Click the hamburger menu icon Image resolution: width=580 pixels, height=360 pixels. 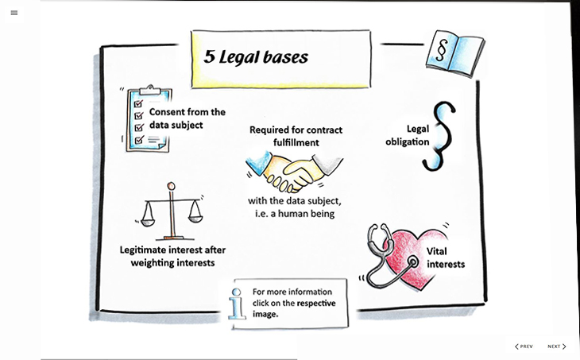(14, 13)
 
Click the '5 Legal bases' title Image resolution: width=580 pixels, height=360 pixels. (255, 57)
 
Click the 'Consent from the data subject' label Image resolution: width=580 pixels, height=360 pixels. (187, 118)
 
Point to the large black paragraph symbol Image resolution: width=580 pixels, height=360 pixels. (439, 135)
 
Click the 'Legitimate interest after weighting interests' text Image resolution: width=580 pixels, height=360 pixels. (172, 256)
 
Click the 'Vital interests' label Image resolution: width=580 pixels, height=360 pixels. (445, 257)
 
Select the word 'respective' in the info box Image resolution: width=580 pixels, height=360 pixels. (315, 303)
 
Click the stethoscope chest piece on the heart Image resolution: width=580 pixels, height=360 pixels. (411, 261)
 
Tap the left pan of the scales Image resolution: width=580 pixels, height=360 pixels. (149, 217)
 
